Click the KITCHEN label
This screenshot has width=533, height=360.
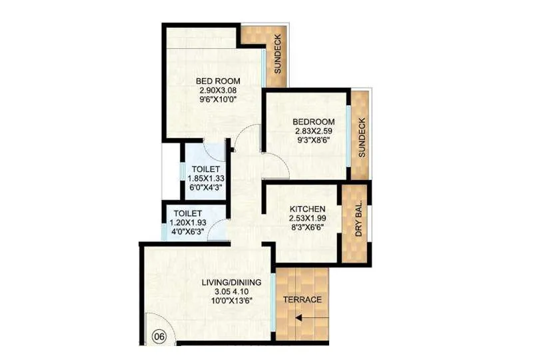point(307,209)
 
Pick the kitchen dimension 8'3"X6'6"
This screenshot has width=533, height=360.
point(307,227)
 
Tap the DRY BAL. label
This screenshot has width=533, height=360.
point(358,219)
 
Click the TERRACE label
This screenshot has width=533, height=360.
point(302,299)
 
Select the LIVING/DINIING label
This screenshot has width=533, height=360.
point(231,283)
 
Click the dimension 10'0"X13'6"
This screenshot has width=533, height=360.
point(231,301)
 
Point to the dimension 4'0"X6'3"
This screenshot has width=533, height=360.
point(187,233)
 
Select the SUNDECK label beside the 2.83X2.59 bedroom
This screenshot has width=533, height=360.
point(362,138)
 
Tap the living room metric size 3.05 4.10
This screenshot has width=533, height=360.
point(231,291)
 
